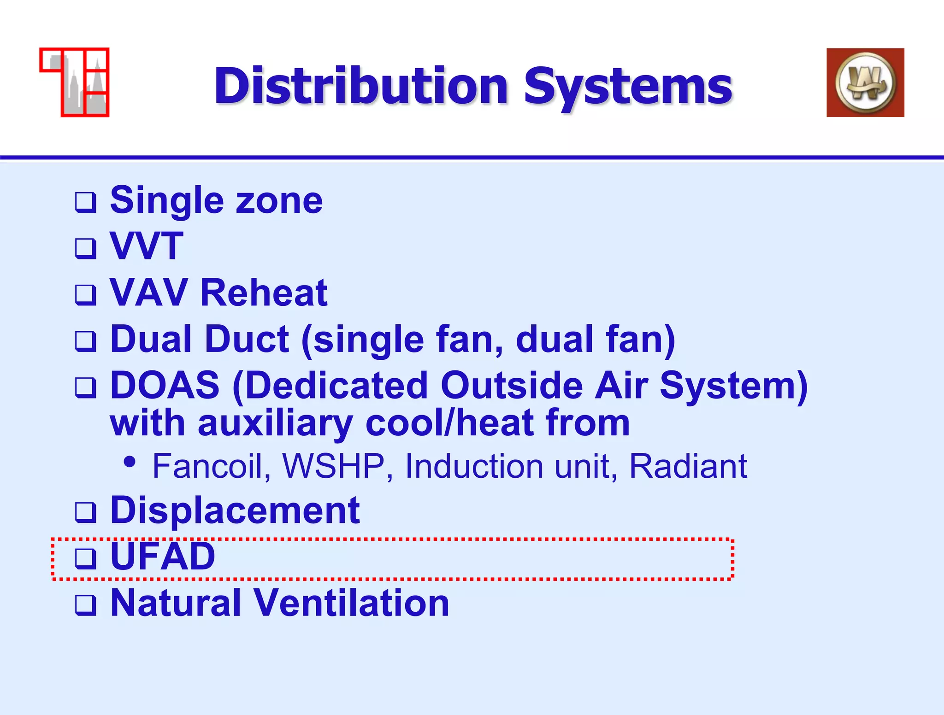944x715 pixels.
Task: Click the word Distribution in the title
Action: [361, 86]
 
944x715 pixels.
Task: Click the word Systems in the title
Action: [628, 86]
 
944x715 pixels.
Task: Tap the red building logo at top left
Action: [75, 82]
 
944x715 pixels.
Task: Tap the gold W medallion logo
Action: [865, 82]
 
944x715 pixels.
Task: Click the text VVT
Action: [147, 246]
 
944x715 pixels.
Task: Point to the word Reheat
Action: [264, 293]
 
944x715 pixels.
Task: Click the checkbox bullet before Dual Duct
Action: [86, 341]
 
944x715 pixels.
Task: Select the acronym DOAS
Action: [165, 385]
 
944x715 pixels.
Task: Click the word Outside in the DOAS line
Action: [511, 385]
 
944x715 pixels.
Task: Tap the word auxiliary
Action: [275, 423]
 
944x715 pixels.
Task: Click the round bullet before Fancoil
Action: [130, 462]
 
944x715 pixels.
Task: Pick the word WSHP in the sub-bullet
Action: [334, 466]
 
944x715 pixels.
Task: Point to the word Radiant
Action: [688, 466]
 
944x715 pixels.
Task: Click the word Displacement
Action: [235, 510]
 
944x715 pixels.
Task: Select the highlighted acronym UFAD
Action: [163, 557]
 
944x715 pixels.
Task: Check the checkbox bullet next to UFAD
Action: [86, 559]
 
